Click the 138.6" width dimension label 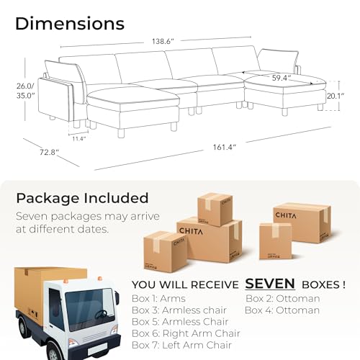pyautogui.click(x=163, y=41)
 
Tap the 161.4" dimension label pyautogui.click(x=225, y=147)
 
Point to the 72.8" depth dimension pyautogui.click(x=49, y=152)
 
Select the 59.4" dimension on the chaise pyautogui.click(x=282, y=78)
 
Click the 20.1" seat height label pyautogui.click(x=336, y=96)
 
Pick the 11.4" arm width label pyautogui.click(x=79, y=138)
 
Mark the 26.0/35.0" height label pyautogui.click(x=25, y=91)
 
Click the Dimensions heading pyautogui.click(x=70, y=24)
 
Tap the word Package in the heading pyautogui.click(x=48, y=199)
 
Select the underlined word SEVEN pyautogui.click(x=270, y=284)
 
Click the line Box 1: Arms pyautogui.click(x=158, y=299)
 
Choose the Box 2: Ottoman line pyautogui.click(x=283, y=299)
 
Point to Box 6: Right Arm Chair pyautogui.click(x=186, y=333)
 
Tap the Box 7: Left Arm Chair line pyautogui.click(x=181, y=345)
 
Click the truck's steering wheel pyautogui.click(x=101, y=314)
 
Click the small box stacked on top pyautogui.click(x=215, y=210)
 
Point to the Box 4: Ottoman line pyautogui.click(x=282, y=310)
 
